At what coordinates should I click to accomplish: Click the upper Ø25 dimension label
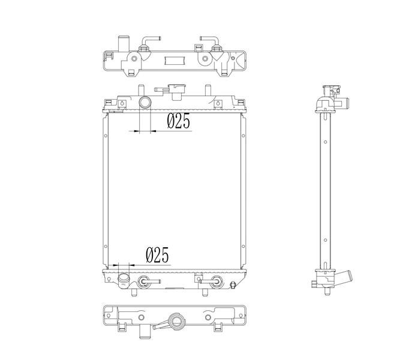[178, 121]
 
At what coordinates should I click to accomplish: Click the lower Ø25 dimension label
[157, 255]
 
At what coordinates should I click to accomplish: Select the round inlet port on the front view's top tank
[145, 102]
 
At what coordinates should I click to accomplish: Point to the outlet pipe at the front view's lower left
[124, 280]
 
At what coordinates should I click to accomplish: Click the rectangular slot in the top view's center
[175, 61]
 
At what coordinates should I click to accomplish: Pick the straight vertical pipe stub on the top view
[124, 43]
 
